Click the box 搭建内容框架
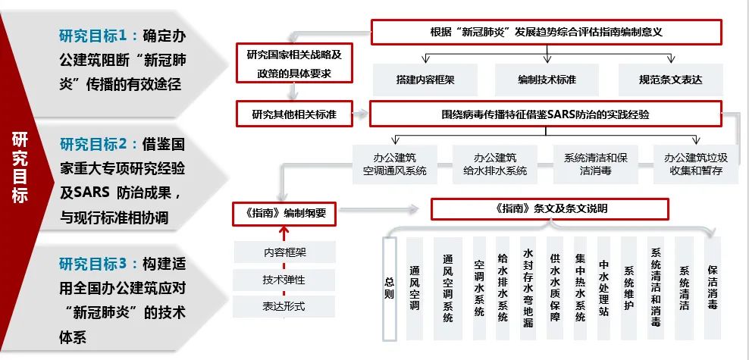[x=425, y=80]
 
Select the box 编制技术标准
[x=547, y=80]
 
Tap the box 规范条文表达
[x=671, y=80]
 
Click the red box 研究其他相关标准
[x=294, y=114]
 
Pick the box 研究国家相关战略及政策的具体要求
[x=294, y=64]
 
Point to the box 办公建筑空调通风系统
[x=395, y=164]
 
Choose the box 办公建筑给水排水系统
[x=495, y=164]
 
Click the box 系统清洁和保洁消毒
[x=596, y=164]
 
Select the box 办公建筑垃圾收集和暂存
[x=695, y=164]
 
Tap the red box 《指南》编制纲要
[x=284, y=213]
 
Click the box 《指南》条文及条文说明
[x=550, y=209]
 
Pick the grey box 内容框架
[x=284, y=252]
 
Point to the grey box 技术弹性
[x=284, y=280]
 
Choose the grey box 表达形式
[x=284, y=306]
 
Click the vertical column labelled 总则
[x=390, y=289]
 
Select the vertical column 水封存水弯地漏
[x=528, y=289]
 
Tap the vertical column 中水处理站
[x=603, y=289]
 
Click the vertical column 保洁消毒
[x=713, y=289]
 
